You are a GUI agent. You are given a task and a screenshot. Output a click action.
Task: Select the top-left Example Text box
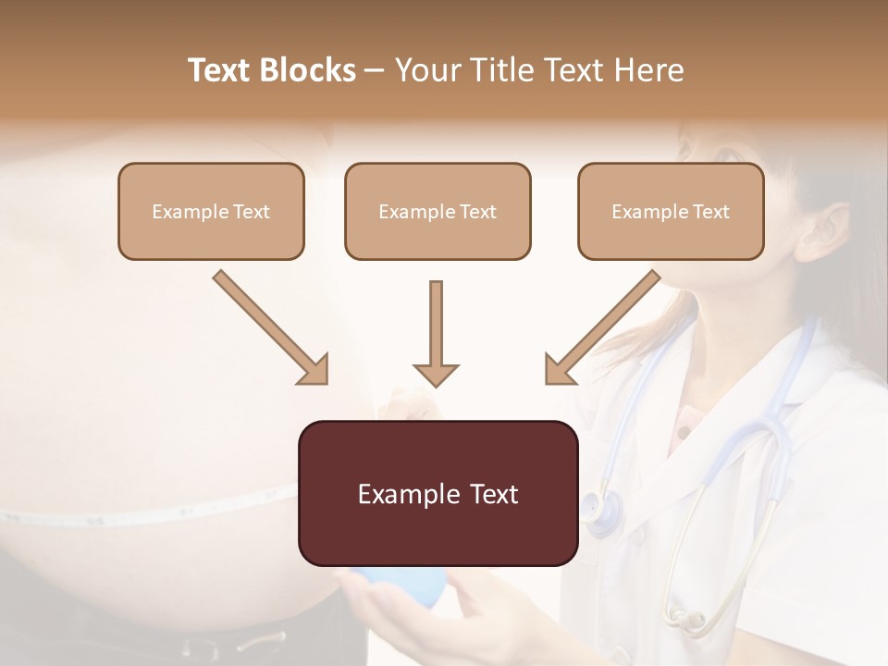pyautogui.click(x=211, y=211)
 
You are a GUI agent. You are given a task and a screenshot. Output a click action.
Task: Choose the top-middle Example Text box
pyautogui.click(x=438, y=211)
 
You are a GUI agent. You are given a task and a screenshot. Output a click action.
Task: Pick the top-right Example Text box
pyautogui.click(x=671, y=211)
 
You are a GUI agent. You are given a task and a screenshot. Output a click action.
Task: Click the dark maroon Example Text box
pyautogui.click(x=438, y=493)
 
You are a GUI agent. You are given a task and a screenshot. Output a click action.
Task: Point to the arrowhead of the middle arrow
pyautogui.click(x=436, y=375)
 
